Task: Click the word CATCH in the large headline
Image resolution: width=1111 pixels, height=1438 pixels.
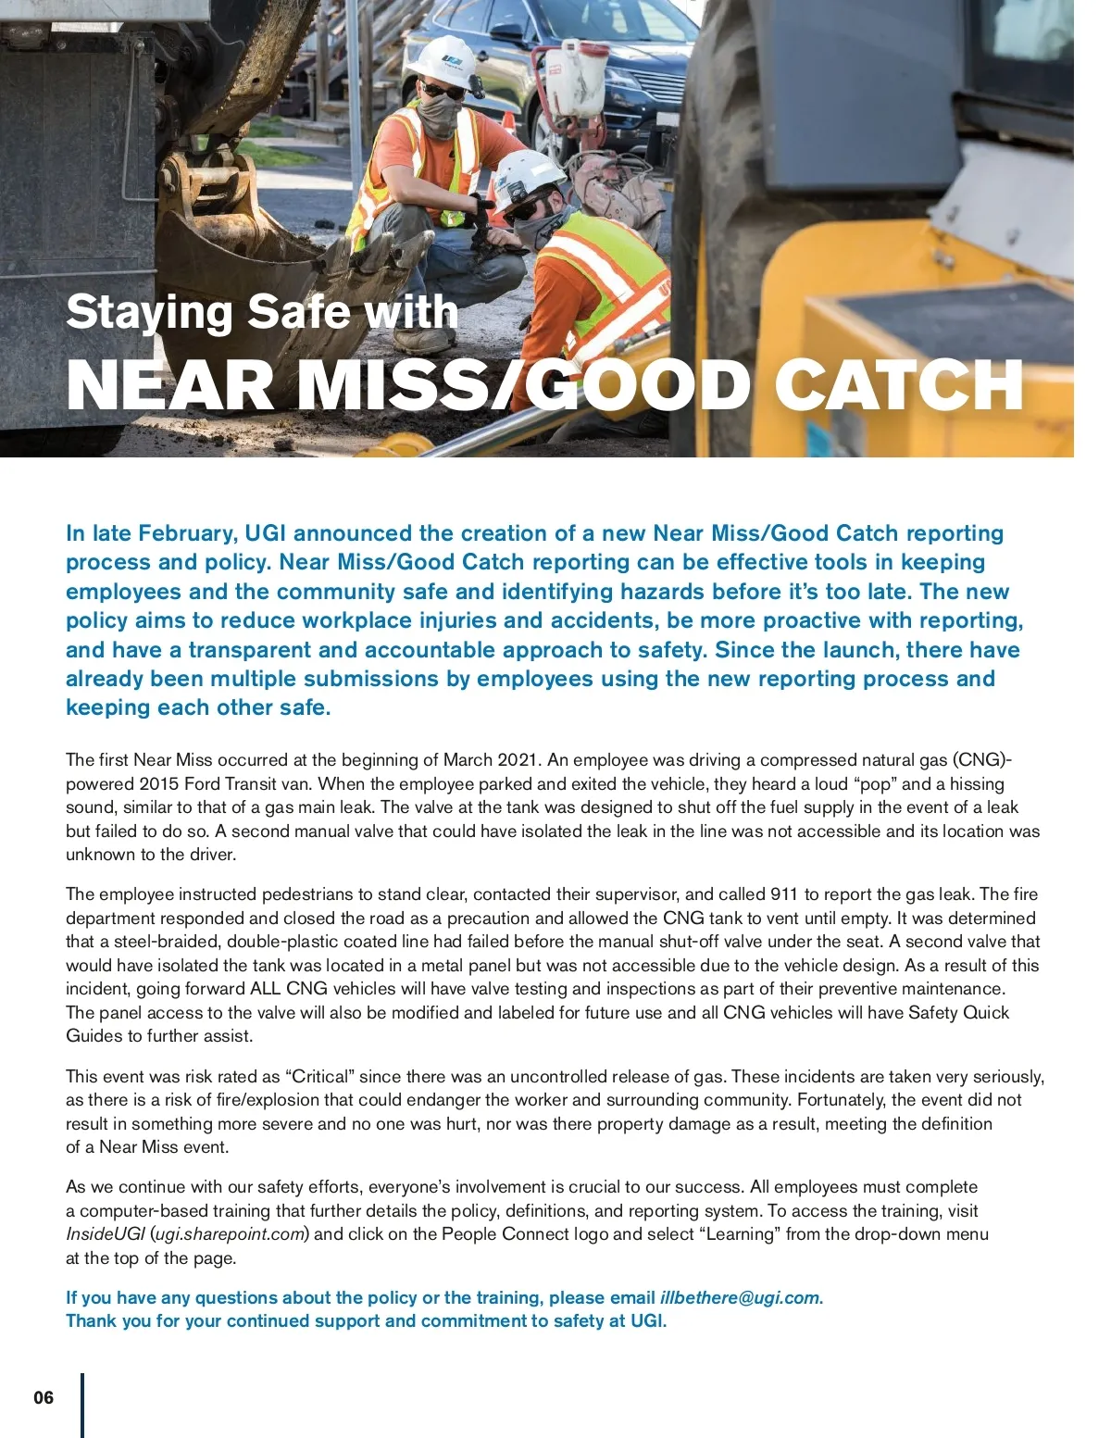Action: point(898,385)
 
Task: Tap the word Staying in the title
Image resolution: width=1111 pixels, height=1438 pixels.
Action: point(148,313)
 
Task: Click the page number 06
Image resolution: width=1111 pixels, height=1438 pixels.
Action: point(44,1397)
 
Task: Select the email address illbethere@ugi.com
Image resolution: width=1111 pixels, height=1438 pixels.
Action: point(740,1297)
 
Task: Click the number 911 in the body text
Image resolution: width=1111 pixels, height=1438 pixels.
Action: point(784,894)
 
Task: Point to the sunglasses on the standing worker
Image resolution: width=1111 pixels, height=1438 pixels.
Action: point(443,91)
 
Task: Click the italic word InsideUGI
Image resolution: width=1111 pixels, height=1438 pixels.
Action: point(105,1233)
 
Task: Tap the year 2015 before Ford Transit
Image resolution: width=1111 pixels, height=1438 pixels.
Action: point(159,783)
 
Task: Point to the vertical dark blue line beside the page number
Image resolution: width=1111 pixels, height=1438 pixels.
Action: point(82,1405)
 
